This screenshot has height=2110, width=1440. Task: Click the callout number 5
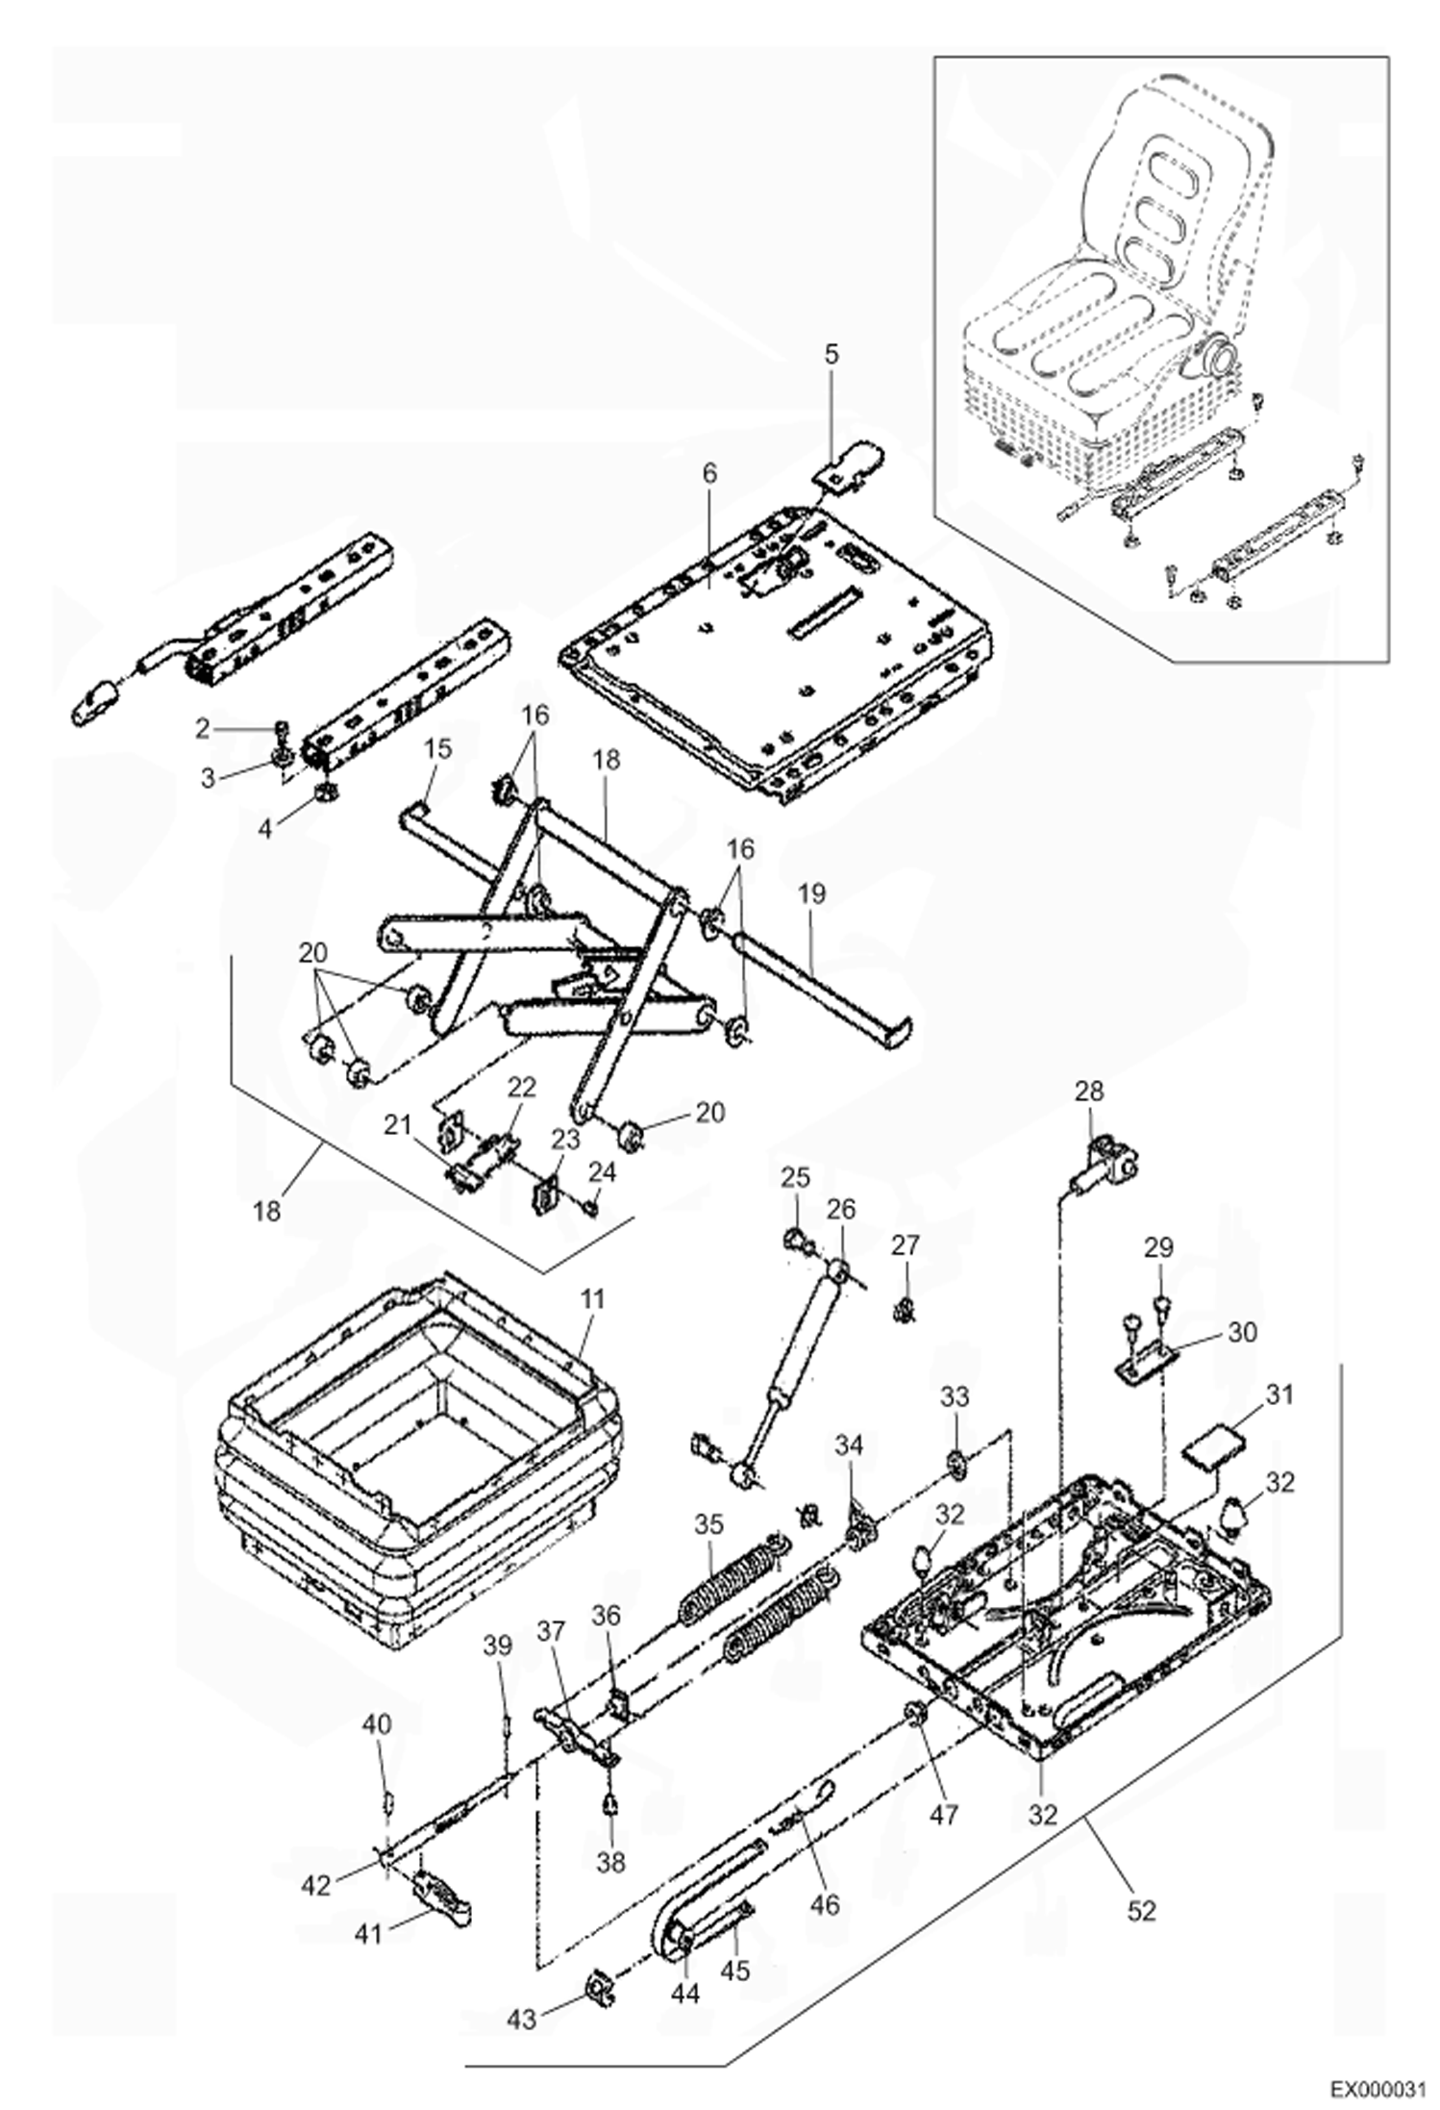point(831,354)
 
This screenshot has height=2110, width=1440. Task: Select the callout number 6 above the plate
point(709,473)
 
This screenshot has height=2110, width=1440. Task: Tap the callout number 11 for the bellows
point(592,1299)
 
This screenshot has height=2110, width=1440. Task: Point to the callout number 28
point(1089,1092)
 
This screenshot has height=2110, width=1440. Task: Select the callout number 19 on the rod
point(811,893)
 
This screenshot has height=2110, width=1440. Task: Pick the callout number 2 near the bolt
point(202,729)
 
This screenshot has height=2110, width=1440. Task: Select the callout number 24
point(603,1172)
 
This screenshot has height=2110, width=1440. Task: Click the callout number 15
point(437,748)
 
